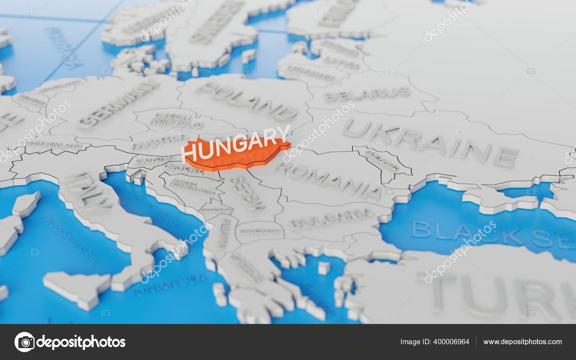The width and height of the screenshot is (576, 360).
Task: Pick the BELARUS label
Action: (367, 94)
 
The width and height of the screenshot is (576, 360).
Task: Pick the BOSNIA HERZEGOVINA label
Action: (193, 187)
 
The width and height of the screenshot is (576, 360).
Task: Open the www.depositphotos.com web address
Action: (522, 342)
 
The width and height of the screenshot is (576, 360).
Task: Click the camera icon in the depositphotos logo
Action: (24, 342)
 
